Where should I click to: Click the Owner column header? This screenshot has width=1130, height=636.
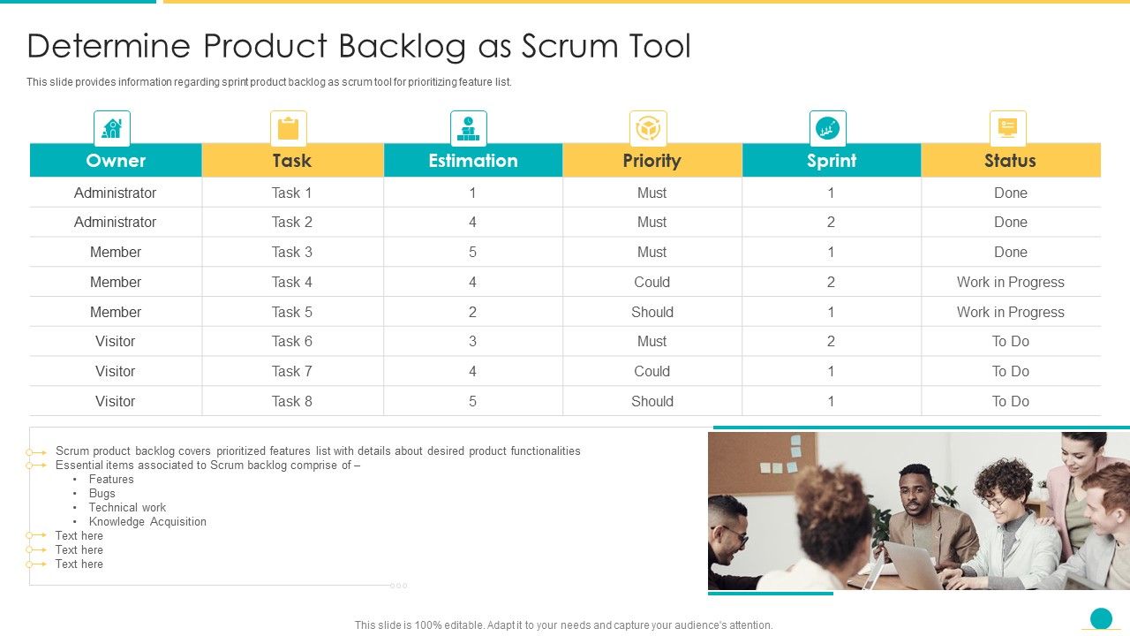coord(116,161)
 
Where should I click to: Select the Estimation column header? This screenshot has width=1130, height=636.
coord(473,161)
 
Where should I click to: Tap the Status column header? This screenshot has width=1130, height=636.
coord(1010,161)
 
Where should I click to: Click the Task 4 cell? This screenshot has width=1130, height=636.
coord(292,282)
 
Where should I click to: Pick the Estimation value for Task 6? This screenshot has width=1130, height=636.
coord(473,341)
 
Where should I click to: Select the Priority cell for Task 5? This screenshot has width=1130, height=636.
coord(652,312)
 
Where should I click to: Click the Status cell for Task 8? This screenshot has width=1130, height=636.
coord(1010,401)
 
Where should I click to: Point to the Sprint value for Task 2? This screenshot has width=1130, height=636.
coord(831,222)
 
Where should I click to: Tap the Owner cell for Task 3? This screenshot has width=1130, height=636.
coord(116,252)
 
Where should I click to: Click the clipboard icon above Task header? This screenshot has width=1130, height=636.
coord(289,129)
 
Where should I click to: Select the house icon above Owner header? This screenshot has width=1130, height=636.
coord(112,129)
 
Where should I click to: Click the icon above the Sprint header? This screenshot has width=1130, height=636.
coord(827,129)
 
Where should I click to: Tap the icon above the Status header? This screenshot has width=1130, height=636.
coord(1007,129)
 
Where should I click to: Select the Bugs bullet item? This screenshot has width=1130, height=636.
coord(102,493)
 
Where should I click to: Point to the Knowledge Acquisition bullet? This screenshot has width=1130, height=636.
coord(147,521)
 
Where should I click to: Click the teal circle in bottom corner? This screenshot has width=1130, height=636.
coord(1101,618)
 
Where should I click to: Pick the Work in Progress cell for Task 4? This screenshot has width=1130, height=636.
coord(1010,282)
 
